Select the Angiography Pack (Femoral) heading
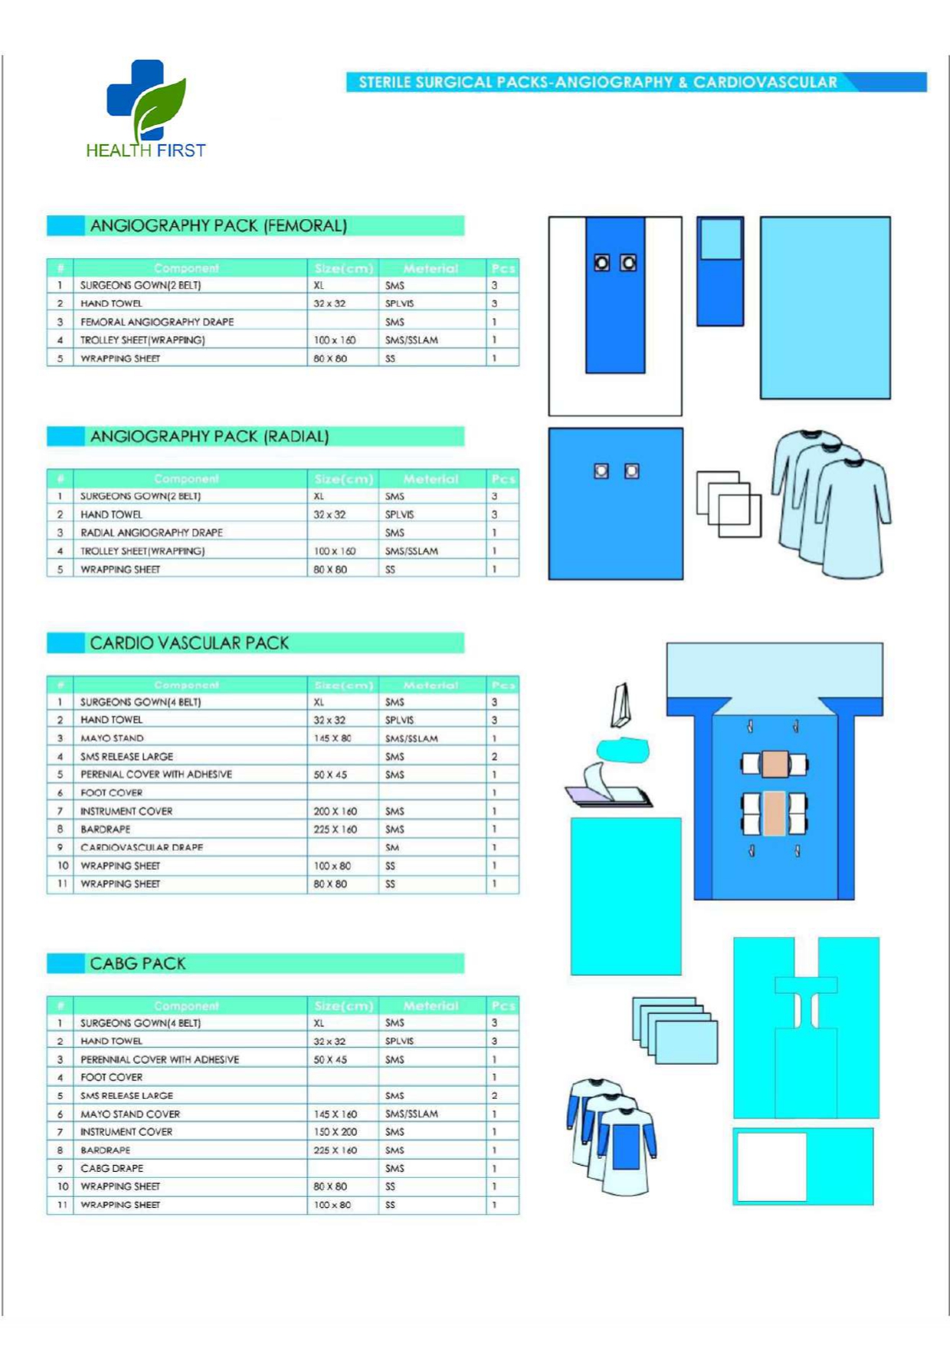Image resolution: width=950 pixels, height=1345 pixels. [x=218, y=226]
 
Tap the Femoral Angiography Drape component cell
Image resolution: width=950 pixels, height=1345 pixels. [x=157, y=322]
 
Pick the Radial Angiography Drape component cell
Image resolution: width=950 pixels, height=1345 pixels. [x=152, y=533]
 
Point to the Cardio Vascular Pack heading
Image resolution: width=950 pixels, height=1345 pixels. [x=189, y=643]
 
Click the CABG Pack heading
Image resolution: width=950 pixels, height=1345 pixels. [x=138, y=963]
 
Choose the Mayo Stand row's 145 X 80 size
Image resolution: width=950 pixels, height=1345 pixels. [x=332, y=738]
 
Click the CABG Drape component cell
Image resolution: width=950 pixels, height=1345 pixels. [x=112, y=1169]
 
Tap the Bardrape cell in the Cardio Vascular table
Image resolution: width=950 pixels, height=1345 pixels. [x=106, y=829]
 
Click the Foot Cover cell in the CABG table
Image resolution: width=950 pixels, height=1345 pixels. [x=112, y=1078]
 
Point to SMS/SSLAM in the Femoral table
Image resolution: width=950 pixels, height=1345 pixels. [x=411, y=340]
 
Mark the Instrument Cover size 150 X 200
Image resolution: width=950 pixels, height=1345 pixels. [x=335, y=1132]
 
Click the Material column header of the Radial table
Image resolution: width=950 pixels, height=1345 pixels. [x=431, y=479]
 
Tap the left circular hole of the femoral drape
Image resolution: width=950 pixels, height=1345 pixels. [x=602, y=264]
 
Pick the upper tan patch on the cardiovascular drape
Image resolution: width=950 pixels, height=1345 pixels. [x=775, y=764]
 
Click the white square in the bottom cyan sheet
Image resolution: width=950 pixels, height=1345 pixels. [x=771, y=1166]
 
